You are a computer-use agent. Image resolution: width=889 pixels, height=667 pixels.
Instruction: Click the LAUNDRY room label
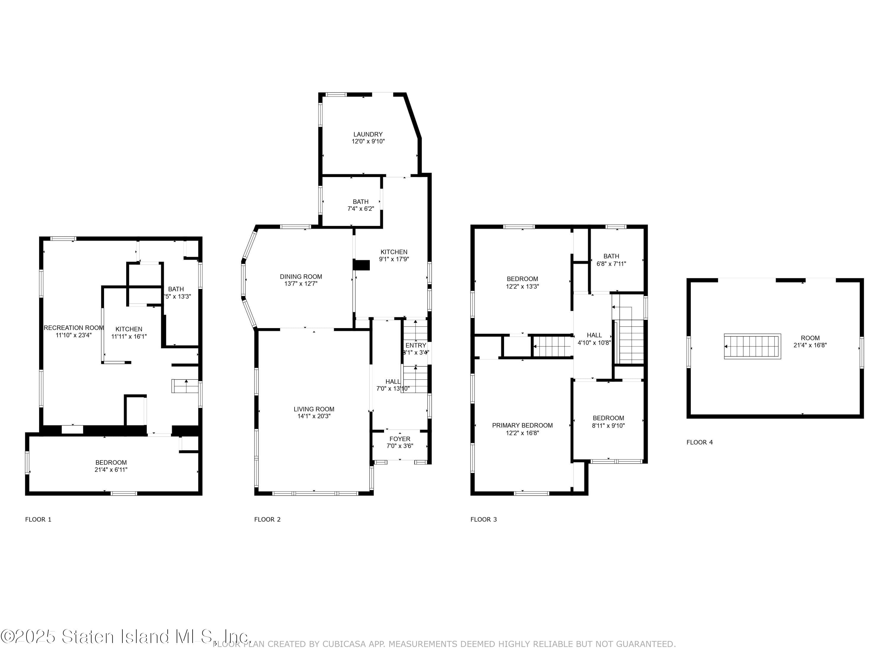368,134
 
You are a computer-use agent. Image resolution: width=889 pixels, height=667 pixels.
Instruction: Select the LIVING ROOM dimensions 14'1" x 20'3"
314,416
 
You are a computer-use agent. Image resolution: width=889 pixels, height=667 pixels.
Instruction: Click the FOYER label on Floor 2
399,439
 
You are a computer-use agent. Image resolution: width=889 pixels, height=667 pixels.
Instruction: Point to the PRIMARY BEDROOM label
522,425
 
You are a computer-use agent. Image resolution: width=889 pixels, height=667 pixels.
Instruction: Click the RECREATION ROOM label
73,328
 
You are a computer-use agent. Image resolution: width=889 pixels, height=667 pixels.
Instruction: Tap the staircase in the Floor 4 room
752,346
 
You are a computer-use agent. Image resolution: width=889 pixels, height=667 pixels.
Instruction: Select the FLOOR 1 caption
38,519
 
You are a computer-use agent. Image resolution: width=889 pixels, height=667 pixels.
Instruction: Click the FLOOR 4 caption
699,442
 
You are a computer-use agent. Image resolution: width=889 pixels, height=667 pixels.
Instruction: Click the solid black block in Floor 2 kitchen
361,265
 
